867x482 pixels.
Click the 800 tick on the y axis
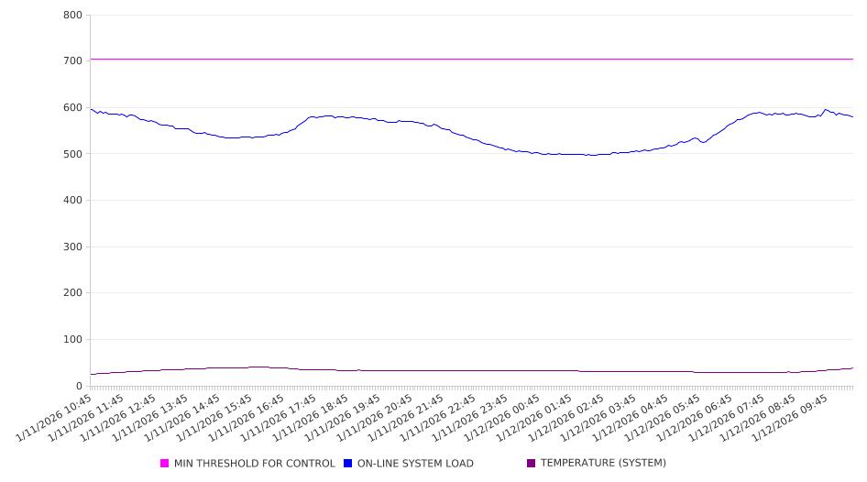(x=72, y=16)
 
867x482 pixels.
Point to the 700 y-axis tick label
(x=72, y=61)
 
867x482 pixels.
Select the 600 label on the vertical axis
(x=72, y=108)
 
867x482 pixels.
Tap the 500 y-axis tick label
(x=72, y=154)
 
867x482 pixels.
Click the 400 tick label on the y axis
(x=72, y=201)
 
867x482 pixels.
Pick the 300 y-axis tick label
(x=72, y=247)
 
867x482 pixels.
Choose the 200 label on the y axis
(x=72, y=293)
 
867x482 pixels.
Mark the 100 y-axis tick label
(x=72, y=340)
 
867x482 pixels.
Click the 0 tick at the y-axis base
(x=80, y=387)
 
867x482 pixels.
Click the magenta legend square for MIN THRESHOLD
(x=165, y=464)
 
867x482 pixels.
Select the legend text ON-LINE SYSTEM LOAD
(x=415, y=464)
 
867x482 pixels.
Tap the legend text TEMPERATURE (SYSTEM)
(x=603, y=464)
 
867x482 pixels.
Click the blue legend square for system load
(x=348, y=464)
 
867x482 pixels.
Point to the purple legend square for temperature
(x=532, y=464)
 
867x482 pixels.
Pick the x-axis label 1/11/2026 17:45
(x=280, y=418)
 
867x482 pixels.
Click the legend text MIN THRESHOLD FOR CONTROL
(x=255, y=464)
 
